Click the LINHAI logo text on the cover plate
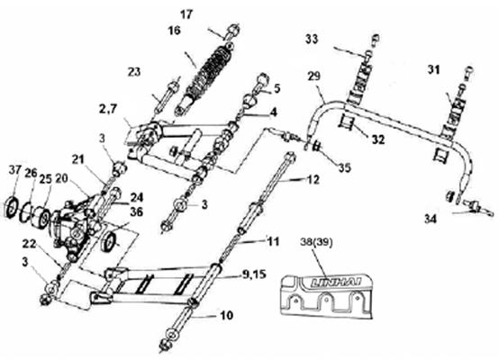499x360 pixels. [336, 282]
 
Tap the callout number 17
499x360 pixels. [186, 14]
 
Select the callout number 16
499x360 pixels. [174, 31]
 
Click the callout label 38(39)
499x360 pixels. [316, 243]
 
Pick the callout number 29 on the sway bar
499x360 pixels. [314, 76]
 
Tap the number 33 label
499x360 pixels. [312, 39]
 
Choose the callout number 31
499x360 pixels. [433, 69]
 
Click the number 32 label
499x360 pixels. [378, 139]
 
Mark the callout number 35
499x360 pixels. [345, 167]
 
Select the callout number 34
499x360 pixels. [431, 219]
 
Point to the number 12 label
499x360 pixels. [313, 180]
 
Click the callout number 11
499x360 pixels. [273, 242]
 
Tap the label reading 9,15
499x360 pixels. [254, 274]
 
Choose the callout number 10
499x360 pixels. [226, 316]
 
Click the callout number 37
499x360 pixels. [15, 170]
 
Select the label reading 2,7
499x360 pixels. [108, 109]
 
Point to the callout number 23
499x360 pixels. [134, 72]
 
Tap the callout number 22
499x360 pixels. [29, 244]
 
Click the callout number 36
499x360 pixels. [136, 211]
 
